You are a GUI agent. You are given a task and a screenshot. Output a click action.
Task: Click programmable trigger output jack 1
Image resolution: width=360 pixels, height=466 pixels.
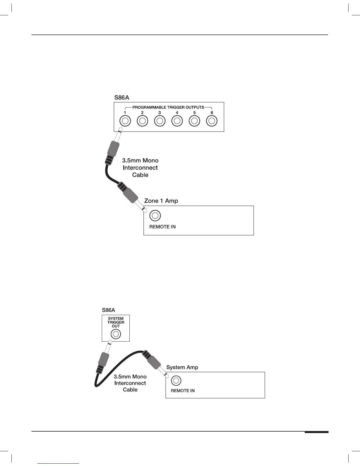pos(125,121)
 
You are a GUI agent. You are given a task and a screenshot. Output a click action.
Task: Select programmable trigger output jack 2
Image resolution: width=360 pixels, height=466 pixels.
pos(142,121)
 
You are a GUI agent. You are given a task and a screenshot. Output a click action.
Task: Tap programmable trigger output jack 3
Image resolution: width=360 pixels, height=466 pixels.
pos(160,121)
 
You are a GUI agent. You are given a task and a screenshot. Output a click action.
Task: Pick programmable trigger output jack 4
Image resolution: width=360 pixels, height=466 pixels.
pos(177,121)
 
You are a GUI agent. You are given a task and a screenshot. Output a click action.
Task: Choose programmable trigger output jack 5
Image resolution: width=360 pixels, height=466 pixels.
pos(194,121)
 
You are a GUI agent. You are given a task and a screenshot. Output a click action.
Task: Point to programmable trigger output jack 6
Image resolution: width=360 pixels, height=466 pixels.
pos(212,121)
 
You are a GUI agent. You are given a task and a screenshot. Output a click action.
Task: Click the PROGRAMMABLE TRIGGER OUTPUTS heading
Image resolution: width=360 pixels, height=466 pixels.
pos(168,107)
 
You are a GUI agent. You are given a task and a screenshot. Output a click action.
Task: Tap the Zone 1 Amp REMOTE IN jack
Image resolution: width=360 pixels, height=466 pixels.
pos(155,216)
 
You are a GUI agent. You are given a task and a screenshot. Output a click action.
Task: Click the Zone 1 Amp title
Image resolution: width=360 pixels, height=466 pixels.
pos(161,201)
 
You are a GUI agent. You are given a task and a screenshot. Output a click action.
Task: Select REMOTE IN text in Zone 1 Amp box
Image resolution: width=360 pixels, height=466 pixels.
pos(162,227)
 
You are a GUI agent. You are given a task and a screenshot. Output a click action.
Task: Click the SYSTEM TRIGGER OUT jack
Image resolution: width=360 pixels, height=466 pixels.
pos(116,334)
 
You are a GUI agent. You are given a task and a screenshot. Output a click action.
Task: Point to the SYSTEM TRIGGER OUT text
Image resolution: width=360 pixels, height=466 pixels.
pos(116,322)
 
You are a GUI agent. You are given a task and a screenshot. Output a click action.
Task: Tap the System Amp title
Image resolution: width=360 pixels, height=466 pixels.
pos(182,367)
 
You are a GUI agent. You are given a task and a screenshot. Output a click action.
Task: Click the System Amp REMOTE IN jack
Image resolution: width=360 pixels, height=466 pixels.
pos(176,381)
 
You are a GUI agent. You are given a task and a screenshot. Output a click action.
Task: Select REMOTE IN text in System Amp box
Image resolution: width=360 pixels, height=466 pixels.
pos(183,391)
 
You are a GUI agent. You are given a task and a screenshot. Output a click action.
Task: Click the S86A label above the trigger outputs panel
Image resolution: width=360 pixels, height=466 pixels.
pos(121,97)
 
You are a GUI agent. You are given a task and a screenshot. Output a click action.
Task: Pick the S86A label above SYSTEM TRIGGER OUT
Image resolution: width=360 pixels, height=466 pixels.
pos(109,310)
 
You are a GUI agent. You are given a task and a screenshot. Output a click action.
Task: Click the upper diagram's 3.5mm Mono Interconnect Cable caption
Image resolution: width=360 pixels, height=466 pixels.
pos(140,168)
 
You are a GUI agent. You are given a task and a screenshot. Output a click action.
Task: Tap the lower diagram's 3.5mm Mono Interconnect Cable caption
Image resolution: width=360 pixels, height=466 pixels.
pos(130,383)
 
